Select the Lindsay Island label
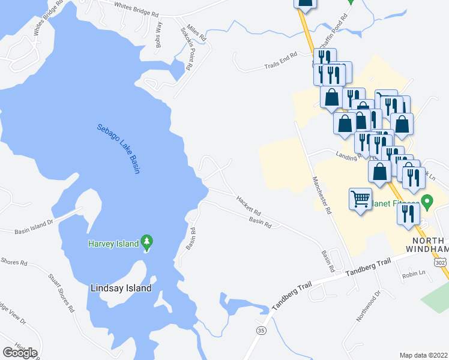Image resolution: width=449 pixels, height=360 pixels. click(x=121, y=288)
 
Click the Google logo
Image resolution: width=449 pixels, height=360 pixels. click(x=20, y=353)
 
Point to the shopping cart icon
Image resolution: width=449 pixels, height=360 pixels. click(x=360, y=199)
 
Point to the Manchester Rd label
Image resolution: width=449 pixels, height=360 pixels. click(x=322, y=194)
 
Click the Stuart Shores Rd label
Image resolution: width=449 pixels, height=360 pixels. click(x=61, y=293)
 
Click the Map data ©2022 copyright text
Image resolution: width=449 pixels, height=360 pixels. click(x=423, y=355)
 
